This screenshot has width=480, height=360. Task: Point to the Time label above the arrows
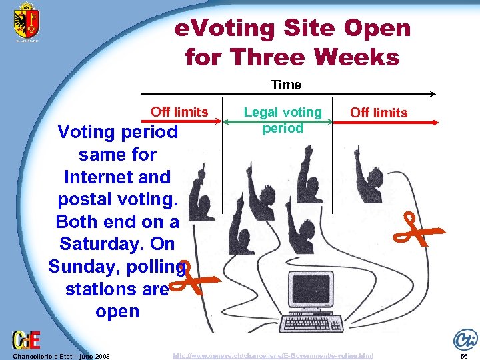[285, 85]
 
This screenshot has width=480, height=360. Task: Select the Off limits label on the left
[179, 112]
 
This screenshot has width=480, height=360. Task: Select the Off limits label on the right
[379, 112]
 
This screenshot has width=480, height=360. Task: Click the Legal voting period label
[283, 120]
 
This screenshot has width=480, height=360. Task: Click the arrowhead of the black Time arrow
[431, 94]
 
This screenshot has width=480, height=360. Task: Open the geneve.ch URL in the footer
[273, 356]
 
